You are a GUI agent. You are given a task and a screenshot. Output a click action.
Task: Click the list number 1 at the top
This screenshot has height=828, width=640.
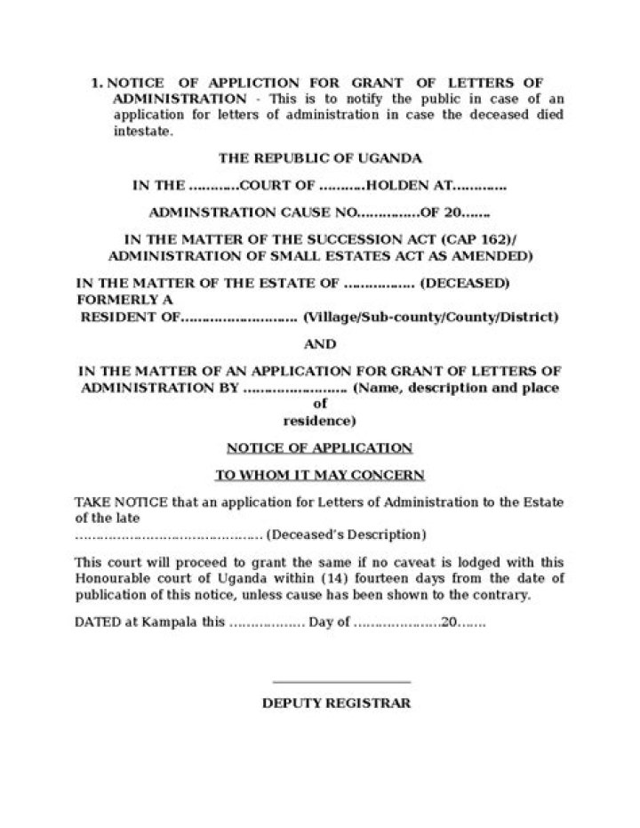coord(96,83)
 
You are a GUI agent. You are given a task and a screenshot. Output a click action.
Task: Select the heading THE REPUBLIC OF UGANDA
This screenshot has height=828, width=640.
coord(320,157)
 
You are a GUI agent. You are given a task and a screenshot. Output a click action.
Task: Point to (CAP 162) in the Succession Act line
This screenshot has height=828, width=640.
coord(484,240)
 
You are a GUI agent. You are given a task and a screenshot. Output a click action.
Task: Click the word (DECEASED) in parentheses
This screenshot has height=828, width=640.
coord(464,284)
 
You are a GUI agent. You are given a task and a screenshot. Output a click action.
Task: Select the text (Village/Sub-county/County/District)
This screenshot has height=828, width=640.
coord(431,318)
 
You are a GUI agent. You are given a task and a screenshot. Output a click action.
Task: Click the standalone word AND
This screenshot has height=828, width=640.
coord(320,344)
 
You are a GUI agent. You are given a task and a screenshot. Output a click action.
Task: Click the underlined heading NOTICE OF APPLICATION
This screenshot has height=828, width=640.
coord(320,447)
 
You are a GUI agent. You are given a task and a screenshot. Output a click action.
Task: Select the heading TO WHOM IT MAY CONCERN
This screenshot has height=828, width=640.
coord(320,475)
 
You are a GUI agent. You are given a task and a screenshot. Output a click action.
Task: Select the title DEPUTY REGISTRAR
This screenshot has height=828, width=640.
coord(336,703)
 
